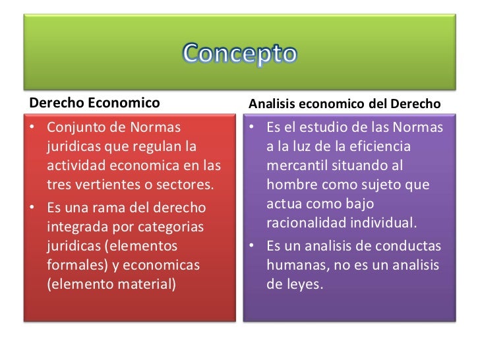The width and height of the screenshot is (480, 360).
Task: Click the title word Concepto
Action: tap(239, 53)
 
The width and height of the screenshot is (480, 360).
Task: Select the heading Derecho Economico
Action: tap(94, 103)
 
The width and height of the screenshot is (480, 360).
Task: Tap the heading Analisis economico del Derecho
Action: tap(344, 104)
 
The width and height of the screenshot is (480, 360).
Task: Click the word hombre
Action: tap(291, 183)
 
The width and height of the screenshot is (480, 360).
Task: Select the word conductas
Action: tap(409, 247)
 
